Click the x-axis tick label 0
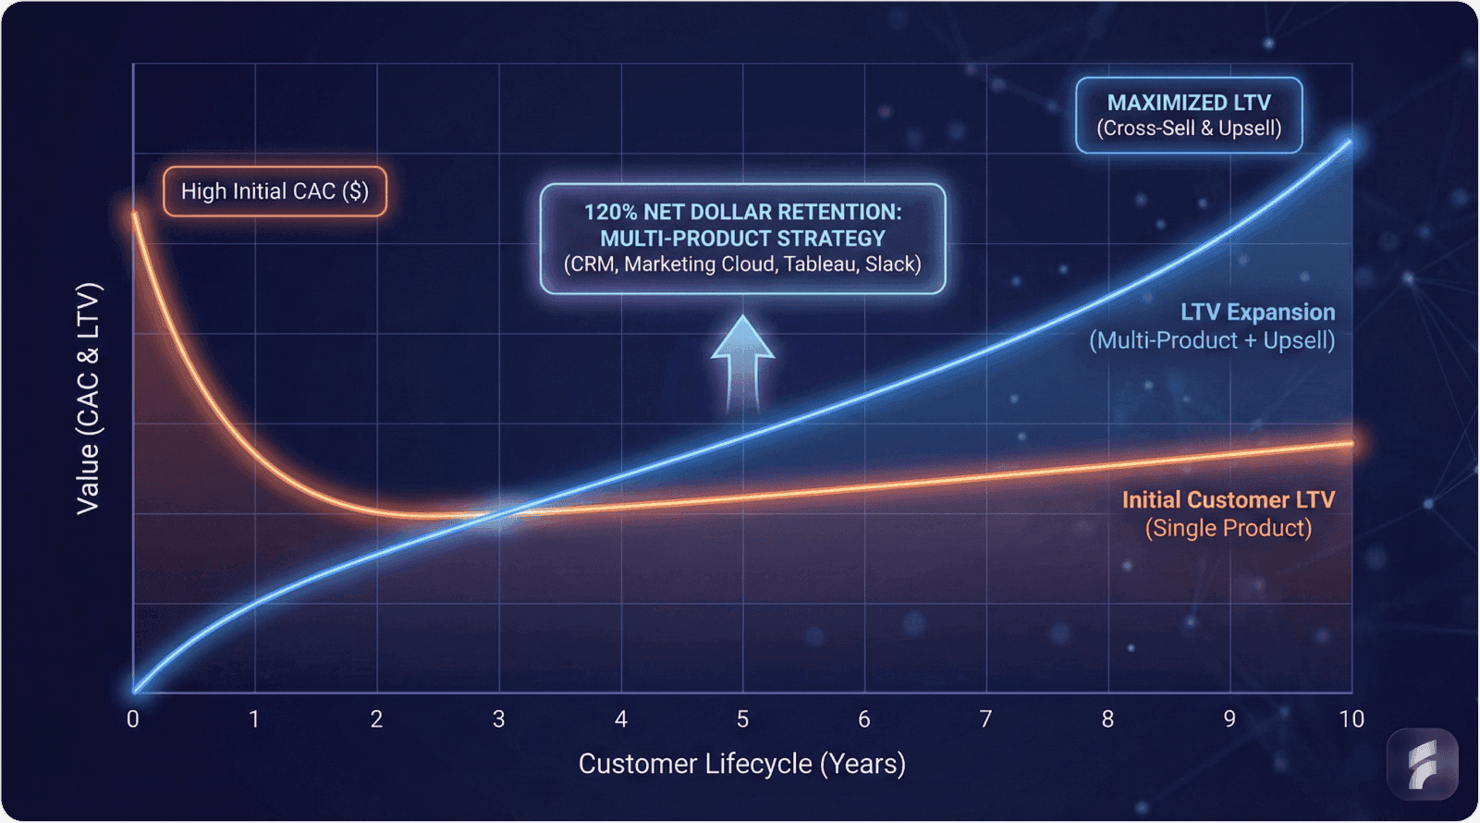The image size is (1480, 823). [x=133, y=719]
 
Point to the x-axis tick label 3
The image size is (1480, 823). [x=499, y=719]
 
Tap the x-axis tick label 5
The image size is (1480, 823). [x=742, y=719]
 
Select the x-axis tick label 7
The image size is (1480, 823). [x=986, y=719]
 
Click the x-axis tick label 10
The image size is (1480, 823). [x=1352, y=719]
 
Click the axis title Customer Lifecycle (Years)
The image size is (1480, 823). [x=742, y=764]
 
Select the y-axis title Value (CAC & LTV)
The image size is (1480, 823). [x=88, y=398]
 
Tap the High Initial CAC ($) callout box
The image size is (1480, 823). [x=275, y=191]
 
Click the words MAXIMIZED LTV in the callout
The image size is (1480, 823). [x=1189, y=103]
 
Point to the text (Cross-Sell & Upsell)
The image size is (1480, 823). [x=1189, y=129]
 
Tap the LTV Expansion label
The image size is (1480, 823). [x=1257, y=313]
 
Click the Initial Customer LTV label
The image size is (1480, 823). [x=1228, y=500]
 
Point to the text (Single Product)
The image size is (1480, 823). [x=1228, y=528]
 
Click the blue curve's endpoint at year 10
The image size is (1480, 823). [x=1350, y=141]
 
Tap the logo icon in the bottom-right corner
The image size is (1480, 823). [x=1423, y=765]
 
